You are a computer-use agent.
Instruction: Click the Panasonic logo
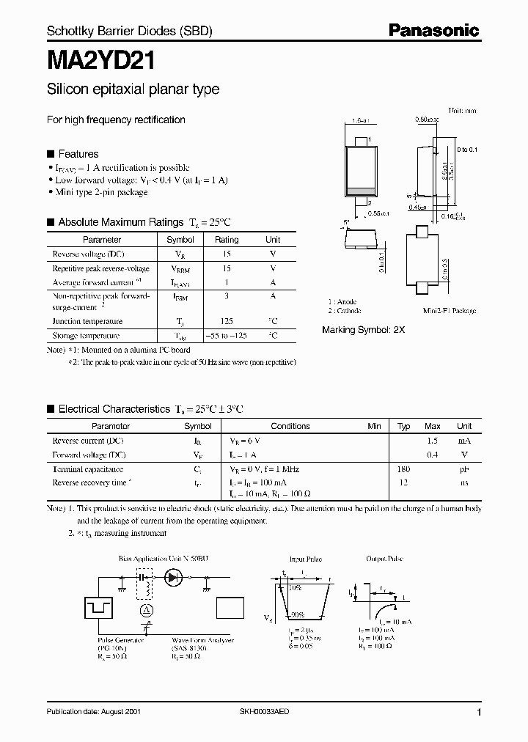[433, 30]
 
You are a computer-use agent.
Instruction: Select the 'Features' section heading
[78, 154]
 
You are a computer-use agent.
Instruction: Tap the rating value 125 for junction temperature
[226, 321]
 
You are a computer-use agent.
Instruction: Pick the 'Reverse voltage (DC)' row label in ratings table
[88, 254]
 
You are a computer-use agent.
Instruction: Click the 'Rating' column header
[226, 240]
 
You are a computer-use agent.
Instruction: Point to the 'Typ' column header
[404, 426]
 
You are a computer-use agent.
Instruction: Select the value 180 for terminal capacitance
[403, 469]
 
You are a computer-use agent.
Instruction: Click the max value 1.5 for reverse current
[433, 441]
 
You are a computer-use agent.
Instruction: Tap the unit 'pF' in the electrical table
[464, 469]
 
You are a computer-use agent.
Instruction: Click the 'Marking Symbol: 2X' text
[363, 330]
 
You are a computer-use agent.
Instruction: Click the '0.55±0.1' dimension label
[378, 213]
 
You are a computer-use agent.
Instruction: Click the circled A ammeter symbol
[146, 610]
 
